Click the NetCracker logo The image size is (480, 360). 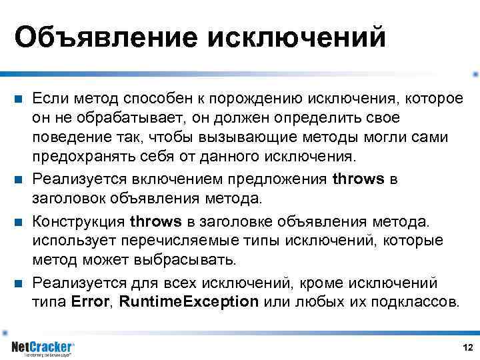point(43,347)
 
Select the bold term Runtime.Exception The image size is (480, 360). point(189,301)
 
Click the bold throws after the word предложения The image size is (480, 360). point(358,179)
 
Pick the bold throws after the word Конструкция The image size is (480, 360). point(155,221)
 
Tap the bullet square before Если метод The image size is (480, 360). point(19,100)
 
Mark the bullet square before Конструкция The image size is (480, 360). point(19,221)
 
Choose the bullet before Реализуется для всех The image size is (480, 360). point(19,283)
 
